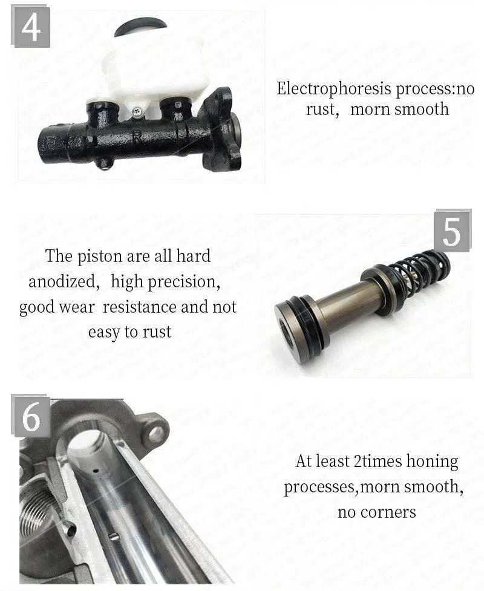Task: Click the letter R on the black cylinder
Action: coord(137,137)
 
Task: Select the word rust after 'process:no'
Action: coord(319,109)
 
